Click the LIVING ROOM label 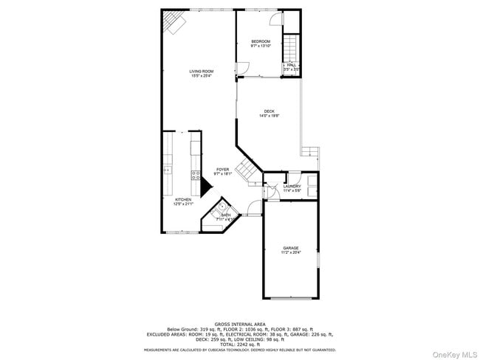coord(196,71)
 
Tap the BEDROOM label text coord(260,41)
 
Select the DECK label coord(269,111)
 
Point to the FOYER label coord(222,170)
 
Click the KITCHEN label coord(183,199)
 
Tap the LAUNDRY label coord(292,187)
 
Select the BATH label coord(225,215)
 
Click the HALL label coord(292,65)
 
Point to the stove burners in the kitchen coord(196,175)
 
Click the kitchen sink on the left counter coord(168,170)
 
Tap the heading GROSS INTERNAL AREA coord(240,324)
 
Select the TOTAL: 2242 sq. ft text coord(240,344)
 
